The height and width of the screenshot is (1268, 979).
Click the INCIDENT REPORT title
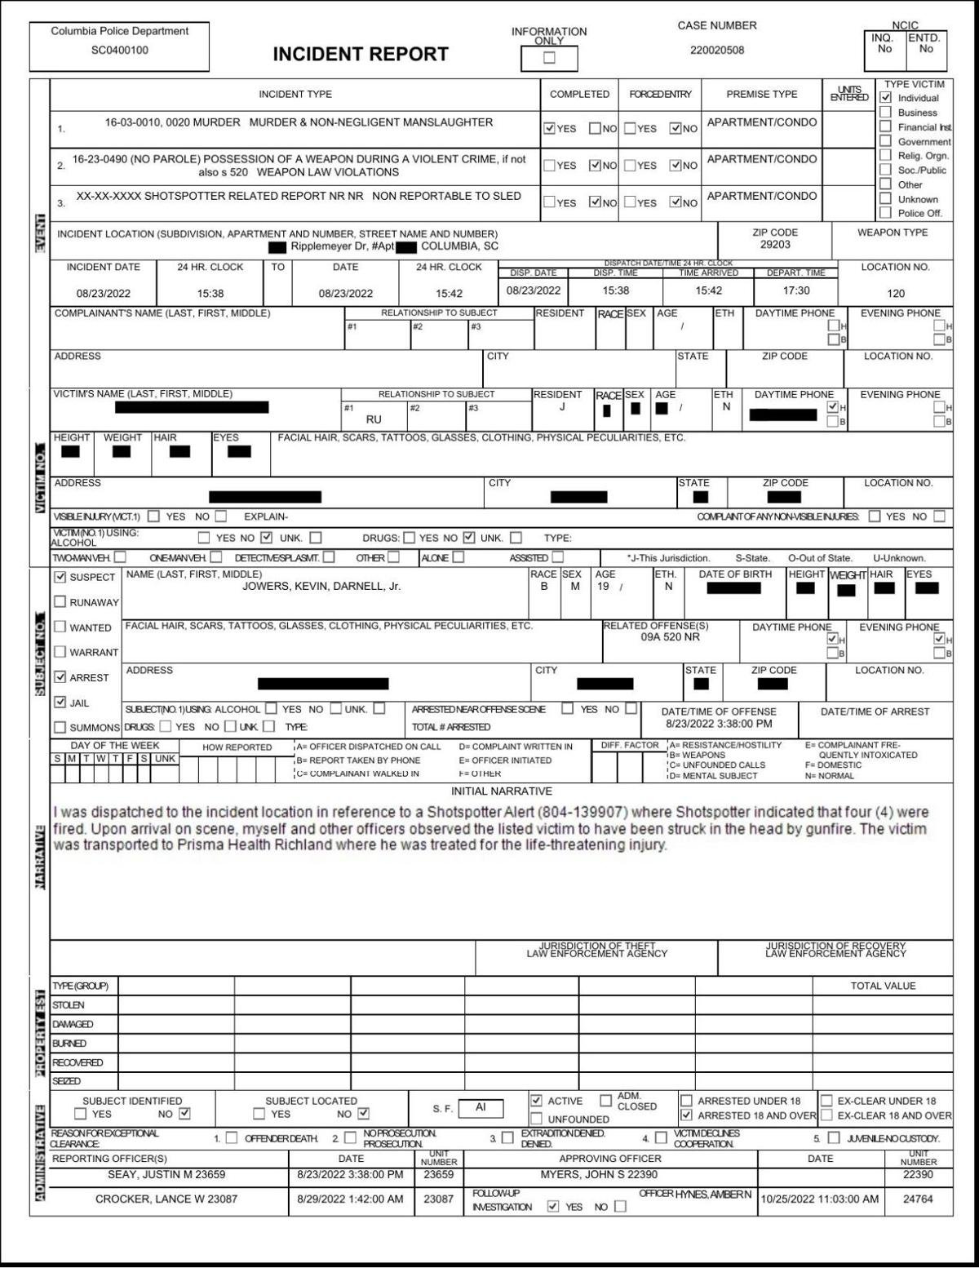click(x=361, y=55)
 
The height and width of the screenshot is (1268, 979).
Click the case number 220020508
click(x=717, y=50)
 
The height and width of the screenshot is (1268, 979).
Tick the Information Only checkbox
click(x=549, y=58)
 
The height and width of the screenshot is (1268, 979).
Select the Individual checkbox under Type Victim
click(x=886, y=98)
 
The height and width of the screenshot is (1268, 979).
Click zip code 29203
click(x=775, y=245)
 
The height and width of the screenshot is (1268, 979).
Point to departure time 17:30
click(x=796, y=290)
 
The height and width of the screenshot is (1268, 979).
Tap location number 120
click(x=896, y=294)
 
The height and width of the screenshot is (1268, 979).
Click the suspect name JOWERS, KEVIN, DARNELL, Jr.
click(x=321, y=587)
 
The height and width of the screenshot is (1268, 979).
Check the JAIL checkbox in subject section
click(x=60, y=703)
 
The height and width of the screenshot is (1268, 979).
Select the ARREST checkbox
click(x=60, y=677)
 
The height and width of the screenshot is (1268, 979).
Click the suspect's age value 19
click(x=603, y=587)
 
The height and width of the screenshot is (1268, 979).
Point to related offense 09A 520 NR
click(x=670, y=637)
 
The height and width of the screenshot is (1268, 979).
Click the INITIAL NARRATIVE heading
click(x=502, y=791)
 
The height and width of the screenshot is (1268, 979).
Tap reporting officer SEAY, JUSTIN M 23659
click(x=166, y=1175)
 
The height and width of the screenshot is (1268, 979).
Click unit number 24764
click(x=918, y=1199)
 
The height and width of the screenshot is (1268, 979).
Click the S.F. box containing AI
click(x=481, y=1108)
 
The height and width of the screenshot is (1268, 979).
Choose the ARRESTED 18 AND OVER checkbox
click(x=687, y=1115)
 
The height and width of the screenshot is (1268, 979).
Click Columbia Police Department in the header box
click(x=119, y=31)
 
